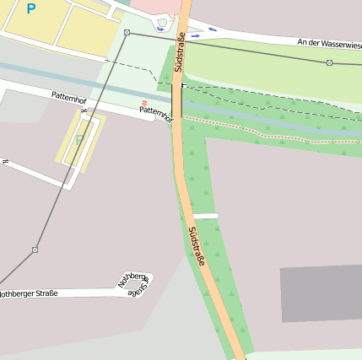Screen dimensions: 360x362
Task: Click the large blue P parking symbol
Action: [x=31, y=9]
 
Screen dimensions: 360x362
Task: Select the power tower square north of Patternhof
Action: [x=127, y=32]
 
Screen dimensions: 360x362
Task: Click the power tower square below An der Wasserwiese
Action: [x=329, y=62]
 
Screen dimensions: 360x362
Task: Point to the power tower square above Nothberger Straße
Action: [x=35, y=250]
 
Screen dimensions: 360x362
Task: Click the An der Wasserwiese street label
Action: [x=329, y=42]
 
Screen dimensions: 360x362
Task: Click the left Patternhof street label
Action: [x=68, y=99]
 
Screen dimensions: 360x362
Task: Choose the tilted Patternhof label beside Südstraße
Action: [x=156, y=114]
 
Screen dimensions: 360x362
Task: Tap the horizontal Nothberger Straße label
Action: [x=29, y=293]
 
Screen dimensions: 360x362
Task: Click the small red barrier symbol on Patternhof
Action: [x=144, y=104]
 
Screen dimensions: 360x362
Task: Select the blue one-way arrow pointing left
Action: [x=211, y=30]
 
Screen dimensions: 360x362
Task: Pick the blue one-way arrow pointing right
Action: [x=196, y=36]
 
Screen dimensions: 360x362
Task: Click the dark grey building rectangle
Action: [x=321, y=293]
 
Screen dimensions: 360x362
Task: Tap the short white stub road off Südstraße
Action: [x=205, y=216]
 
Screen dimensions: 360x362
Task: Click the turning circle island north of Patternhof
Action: [x=161, y=27]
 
